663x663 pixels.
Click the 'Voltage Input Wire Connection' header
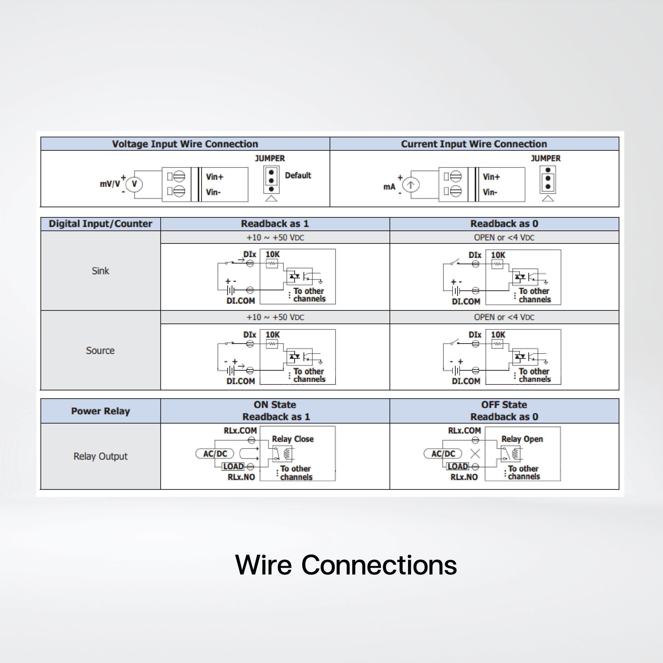[185, 144]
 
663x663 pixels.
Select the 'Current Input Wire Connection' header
[474, 144]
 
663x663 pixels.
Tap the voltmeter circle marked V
[134, 184]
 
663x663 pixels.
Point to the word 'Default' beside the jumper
[298, 175]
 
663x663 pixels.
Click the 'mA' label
[389, 187]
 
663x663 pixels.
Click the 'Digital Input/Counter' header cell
[100, 224]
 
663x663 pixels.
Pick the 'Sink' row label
[100, 271]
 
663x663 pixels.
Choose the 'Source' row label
[100, 350]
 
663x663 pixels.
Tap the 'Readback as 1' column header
[275, 224]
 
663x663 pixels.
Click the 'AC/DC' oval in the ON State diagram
[215, 454]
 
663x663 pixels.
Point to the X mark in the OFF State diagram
[475, 454]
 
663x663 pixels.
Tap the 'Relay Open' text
[522, 439]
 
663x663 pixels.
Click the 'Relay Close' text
[293, 439]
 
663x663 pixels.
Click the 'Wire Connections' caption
[346, 565]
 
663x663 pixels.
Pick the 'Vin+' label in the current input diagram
[491, 177]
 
